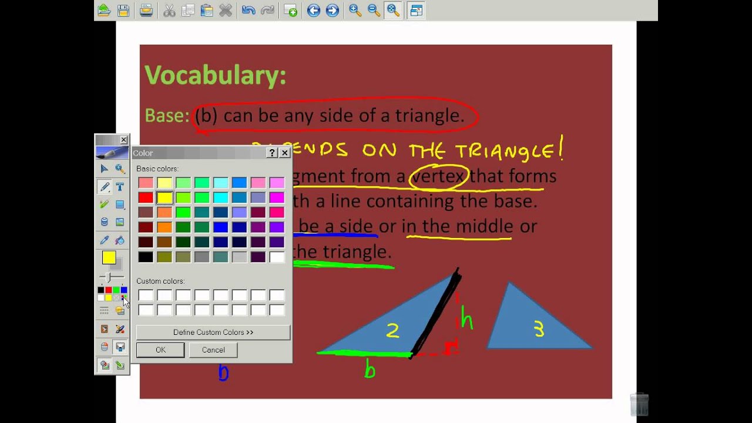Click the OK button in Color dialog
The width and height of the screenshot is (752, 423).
point(160,350)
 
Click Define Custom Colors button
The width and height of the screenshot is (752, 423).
point(213,333)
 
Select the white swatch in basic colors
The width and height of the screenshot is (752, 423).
point(277,257)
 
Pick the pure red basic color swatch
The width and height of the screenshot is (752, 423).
point(146,198)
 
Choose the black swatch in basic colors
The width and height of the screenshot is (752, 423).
point(146,257)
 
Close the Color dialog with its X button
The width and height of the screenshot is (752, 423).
point(284,153)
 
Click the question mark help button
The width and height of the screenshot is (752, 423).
point(272,153)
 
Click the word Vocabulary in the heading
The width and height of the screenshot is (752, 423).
point(214,75)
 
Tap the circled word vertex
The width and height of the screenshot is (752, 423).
point(438,176)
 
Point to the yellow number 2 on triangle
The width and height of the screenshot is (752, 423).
point(392,331)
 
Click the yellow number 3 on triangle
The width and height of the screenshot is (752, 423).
point(539,330)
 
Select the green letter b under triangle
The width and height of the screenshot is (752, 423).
point(370,370)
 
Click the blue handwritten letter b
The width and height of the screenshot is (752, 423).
point(223,372)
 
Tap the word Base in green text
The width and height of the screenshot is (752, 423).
point(166,116)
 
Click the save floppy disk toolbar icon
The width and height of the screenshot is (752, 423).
point(123,10)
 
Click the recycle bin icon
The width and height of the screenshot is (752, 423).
point(639,404)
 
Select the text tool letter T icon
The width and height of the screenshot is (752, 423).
point(120,187)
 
